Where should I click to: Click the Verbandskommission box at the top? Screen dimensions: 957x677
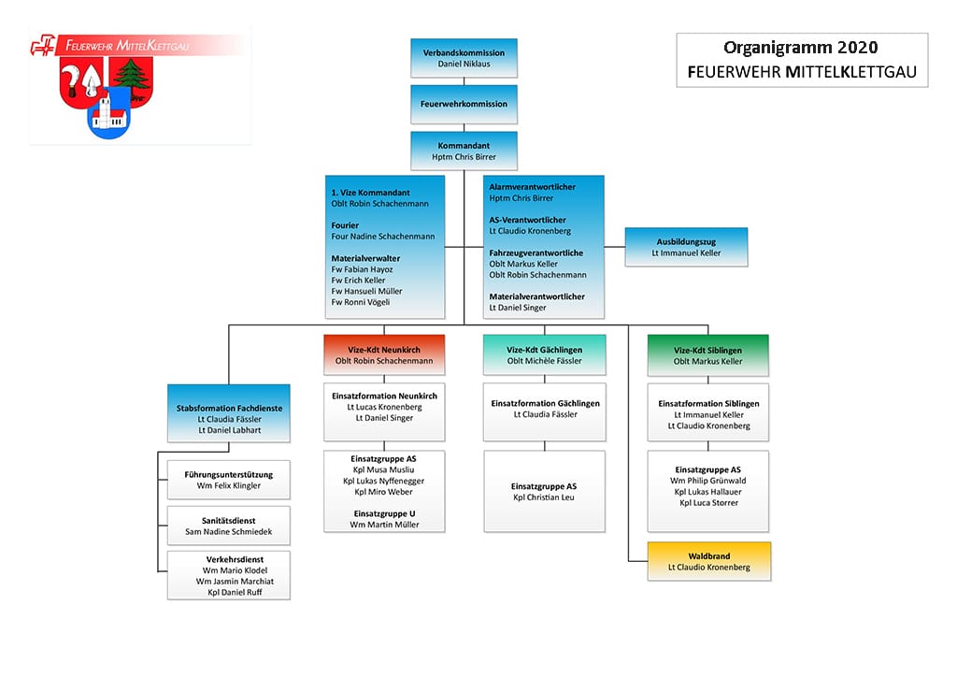(x=464, y=58)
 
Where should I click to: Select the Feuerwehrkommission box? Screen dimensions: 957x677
(x=464, y=105)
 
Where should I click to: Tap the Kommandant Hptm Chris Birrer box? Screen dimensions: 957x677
(x=464, y=151)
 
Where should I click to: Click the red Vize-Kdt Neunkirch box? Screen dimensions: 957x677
(x=384, y=354)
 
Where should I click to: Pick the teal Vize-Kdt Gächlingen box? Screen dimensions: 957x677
(x=545, y=354)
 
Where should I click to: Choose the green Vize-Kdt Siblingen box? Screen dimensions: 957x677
(x=708, y=355)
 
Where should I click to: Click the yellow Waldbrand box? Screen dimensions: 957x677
(x=708, y=561)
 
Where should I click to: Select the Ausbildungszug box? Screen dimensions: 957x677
(x=686, y=247)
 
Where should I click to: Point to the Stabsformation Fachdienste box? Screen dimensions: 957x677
(x=229, y=413)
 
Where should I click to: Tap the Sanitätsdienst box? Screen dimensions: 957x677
(x=229, y=526)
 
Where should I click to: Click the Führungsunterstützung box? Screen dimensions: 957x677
(x=229, y=480)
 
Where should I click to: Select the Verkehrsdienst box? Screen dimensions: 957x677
(x=229, y=575)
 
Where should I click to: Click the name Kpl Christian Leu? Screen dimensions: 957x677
(x=544, y=497)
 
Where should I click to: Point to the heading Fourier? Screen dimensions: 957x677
(x=345, y=225)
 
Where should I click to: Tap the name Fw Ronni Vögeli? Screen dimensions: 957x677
(x=360, y=302)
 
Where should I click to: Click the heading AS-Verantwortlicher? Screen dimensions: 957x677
(x=527, y=220)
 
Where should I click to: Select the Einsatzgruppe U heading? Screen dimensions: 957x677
(x=384, y=513)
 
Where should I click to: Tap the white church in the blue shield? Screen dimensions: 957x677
(x=108, y=114)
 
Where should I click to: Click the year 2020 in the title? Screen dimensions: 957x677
(x=858, y=47)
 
